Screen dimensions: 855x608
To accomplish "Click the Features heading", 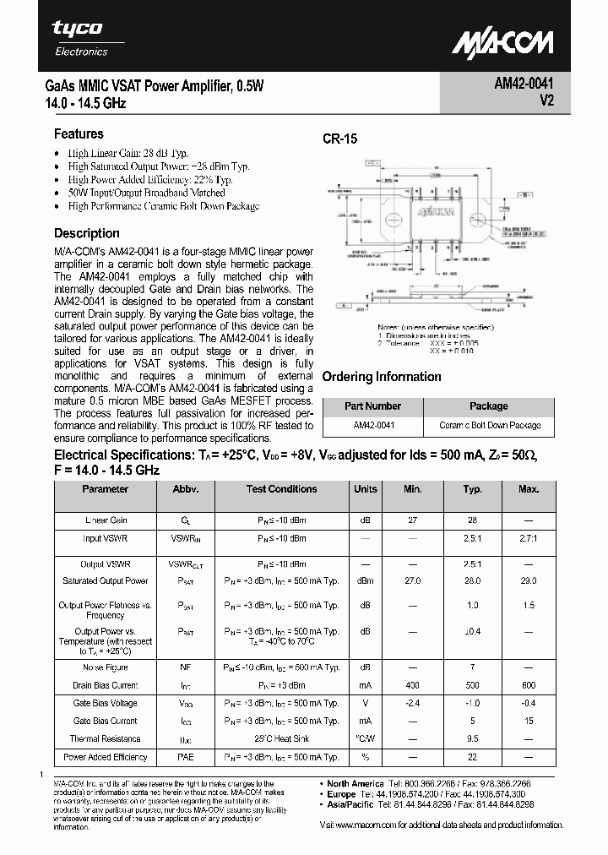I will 79,133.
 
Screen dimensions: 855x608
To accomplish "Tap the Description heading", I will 87,233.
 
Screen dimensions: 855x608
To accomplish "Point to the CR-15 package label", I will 339,140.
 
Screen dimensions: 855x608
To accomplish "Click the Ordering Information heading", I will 382,377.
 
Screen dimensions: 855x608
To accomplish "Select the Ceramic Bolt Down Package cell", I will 490,426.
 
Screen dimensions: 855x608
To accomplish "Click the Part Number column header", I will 372,406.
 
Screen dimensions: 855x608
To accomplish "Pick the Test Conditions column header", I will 281,489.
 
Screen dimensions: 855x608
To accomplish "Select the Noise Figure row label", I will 106,667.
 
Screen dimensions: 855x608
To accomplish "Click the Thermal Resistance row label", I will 106,739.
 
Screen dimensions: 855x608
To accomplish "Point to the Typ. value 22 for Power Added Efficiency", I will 473,758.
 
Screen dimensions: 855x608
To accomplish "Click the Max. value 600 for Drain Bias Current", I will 529,685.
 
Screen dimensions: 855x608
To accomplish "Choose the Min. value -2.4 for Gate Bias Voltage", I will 413,704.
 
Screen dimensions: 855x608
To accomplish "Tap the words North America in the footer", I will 356,783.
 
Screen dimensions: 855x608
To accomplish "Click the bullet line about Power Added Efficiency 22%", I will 150,179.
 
